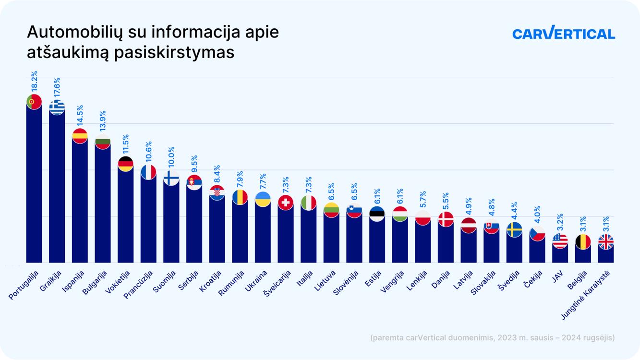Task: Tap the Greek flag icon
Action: [x=57, y=108]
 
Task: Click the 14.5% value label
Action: [x=80, y=115]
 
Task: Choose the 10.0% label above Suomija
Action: [x=171, y=157]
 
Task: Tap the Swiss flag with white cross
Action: [x=286, y=203]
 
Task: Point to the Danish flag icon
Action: [x=446, y=219]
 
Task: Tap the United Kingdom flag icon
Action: [x=606, y=241]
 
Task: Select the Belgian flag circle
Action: [x=583, y=241]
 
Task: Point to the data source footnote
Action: [x=492, y=337]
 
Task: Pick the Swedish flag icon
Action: [x=514, y=229]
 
